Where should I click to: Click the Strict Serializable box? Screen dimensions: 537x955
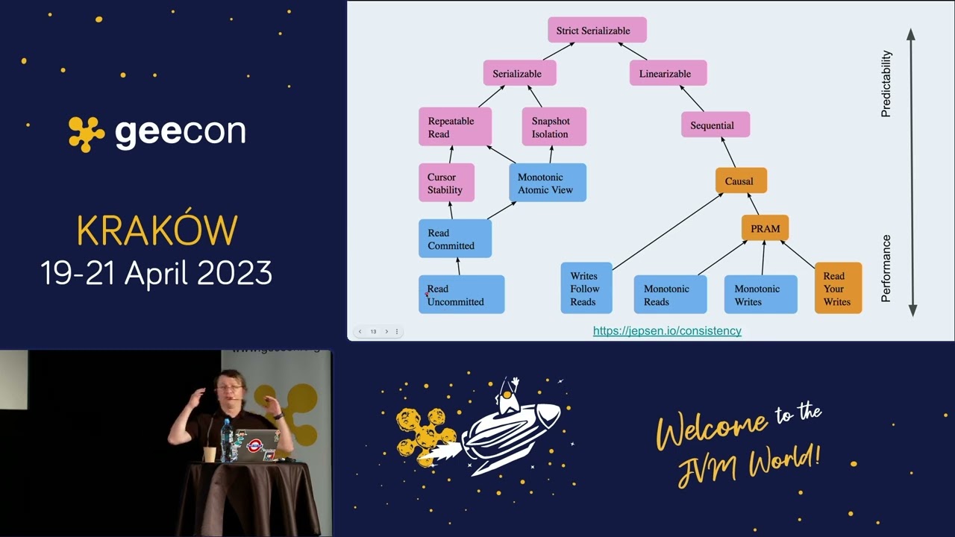[x=597, y=30]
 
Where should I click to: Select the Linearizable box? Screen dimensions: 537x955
[x=668, y=73]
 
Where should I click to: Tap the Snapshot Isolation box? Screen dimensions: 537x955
[x=554, y=127]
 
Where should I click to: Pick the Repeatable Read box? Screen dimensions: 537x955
[x=455, y=127]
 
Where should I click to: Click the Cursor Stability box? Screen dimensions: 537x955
[x=446, y=183]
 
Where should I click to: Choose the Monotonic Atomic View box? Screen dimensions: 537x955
[x=548, y=183]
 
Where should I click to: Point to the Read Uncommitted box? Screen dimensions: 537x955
[x=461, y=295]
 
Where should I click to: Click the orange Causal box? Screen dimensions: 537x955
[x=741, y=180]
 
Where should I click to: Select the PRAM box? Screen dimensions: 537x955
[x=765, y=228]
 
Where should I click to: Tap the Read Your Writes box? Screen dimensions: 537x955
[x=838, y=288]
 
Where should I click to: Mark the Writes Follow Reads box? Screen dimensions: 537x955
[x=586, y=288]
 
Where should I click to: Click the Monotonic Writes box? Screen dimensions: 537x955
[x=760, y=295]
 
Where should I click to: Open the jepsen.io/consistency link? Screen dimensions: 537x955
[x=667, y=330]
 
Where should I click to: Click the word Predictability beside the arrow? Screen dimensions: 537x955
[x=886, y=84]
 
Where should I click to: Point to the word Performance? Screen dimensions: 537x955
[x=886, y=268]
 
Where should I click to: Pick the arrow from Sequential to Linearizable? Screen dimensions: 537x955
[x=692, y=98]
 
